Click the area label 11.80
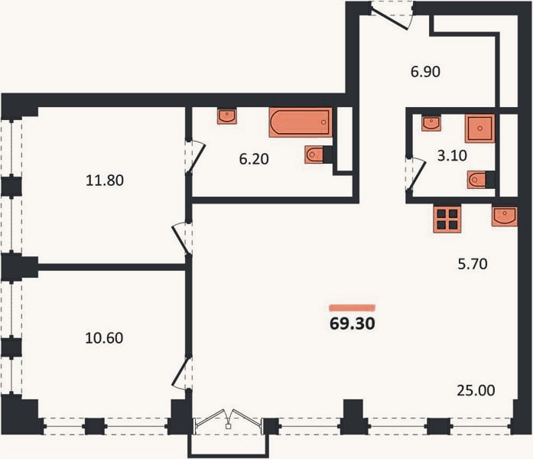click(x=105, y=181)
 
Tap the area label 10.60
click(x=104, y=338)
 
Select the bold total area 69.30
click(x=353, y=324)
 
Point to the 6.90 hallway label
click(x=425, y=72)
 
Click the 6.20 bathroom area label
click(x=254, y=159)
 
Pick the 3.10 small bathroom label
click(x=452, y=155)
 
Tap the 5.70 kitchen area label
click(x=473, y=264)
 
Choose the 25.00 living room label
click(x=476, y=390)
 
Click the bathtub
click(x=301, y=122)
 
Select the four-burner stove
click(x=447, y=220)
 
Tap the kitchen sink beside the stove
click(x=505, y=216)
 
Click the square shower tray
click(x=479, y=129)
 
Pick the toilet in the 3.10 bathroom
click(x=481, y=180)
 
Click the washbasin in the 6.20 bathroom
click(x=227, y=116)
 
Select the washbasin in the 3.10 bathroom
click(x=431, y=123)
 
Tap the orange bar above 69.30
click(x=353, y=308)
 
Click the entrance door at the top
click(x=391, y=16)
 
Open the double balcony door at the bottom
click(x=229, y=422)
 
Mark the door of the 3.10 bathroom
click(x=415, y=174)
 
